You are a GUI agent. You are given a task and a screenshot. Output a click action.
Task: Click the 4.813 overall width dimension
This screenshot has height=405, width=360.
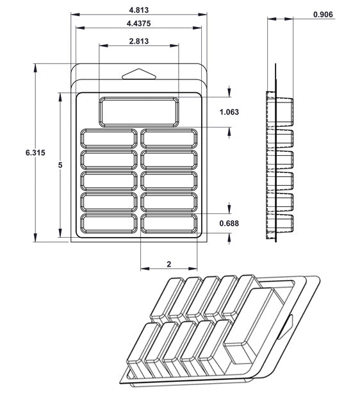139,10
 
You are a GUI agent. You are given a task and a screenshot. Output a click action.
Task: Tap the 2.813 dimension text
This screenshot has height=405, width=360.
139,41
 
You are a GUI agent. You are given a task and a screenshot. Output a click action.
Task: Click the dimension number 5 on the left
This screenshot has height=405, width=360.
60,165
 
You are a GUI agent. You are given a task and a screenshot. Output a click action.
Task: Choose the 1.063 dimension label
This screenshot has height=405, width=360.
229,112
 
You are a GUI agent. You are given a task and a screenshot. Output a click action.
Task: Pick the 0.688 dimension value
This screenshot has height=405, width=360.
229,223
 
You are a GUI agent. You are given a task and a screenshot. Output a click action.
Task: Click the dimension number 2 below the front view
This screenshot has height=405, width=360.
168,263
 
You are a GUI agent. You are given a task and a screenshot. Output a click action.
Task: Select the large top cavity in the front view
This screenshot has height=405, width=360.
139,112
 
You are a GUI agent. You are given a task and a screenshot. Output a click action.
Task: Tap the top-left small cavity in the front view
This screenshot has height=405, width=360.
108,138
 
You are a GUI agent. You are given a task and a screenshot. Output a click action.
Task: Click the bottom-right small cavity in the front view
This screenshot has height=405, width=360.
169,223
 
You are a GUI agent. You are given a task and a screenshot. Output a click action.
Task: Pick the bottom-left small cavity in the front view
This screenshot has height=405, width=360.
108,223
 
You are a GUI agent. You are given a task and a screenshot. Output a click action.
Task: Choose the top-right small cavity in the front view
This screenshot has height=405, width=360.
169,138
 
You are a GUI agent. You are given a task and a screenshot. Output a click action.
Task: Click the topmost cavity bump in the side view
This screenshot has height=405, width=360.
285,110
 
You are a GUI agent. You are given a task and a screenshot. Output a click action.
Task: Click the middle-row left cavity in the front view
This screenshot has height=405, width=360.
108,181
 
